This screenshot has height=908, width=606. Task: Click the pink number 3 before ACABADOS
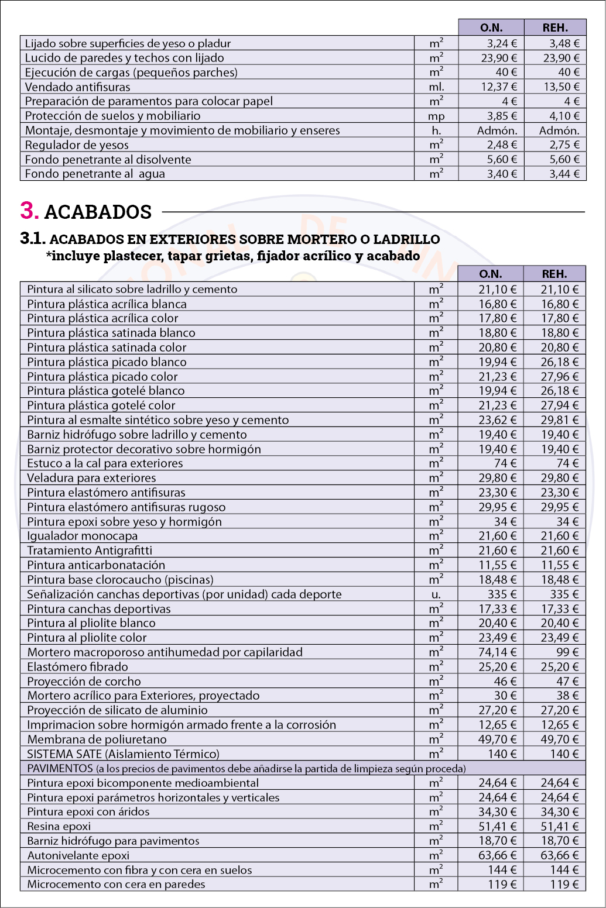[29, 211]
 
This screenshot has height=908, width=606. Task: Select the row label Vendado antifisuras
[69, 87]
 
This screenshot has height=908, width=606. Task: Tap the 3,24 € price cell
[502, 43]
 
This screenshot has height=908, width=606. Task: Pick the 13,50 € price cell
[564, 87]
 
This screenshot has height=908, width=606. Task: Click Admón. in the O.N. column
[497, 130]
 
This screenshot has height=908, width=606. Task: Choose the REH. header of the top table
[555, 27]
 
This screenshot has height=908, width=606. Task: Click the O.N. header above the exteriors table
[491, 274]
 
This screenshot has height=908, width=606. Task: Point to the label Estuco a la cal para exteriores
[105, 463]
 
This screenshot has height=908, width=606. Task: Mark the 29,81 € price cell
[559, 420]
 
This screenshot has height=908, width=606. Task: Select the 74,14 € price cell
[498, 652]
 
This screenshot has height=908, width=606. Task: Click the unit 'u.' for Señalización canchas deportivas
[436, 594]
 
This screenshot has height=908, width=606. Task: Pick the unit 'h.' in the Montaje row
[436, 130]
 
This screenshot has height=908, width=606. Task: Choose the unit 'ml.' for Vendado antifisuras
[436, 87]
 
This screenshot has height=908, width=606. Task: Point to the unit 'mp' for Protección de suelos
[436, 116]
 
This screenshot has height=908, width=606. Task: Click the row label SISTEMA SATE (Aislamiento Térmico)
[123, 754]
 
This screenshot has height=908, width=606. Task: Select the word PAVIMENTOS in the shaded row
[60, 768]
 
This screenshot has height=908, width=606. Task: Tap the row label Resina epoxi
[59, 827]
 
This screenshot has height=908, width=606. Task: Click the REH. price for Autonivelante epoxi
[559, 855]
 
